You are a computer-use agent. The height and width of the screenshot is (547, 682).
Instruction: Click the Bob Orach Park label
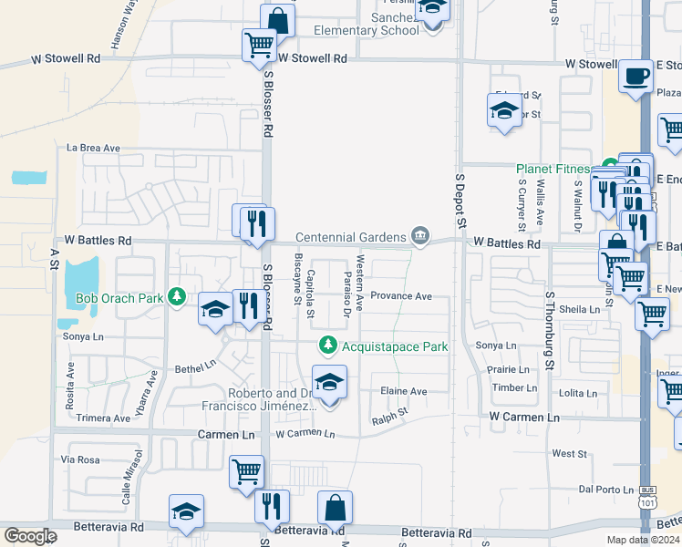point(120,298)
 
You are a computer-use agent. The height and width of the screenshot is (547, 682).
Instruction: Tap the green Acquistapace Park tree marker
point(328,346)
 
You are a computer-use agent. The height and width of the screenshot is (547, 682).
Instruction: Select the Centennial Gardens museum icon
point(419,237)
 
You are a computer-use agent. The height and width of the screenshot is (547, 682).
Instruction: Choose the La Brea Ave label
point(93,148)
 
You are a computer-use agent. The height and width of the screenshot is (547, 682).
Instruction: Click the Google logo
point(30,536)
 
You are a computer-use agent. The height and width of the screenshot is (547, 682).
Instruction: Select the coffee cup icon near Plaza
point(635,76)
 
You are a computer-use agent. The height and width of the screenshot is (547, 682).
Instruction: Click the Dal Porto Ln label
point(605,490)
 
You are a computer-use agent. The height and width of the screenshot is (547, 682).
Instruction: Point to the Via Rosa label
point(80,460)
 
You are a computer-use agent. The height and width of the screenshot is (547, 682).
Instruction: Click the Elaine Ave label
point(404,392)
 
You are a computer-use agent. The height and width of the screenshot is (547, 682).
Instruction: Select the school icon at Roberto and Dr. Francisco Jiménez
point(330,382)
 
